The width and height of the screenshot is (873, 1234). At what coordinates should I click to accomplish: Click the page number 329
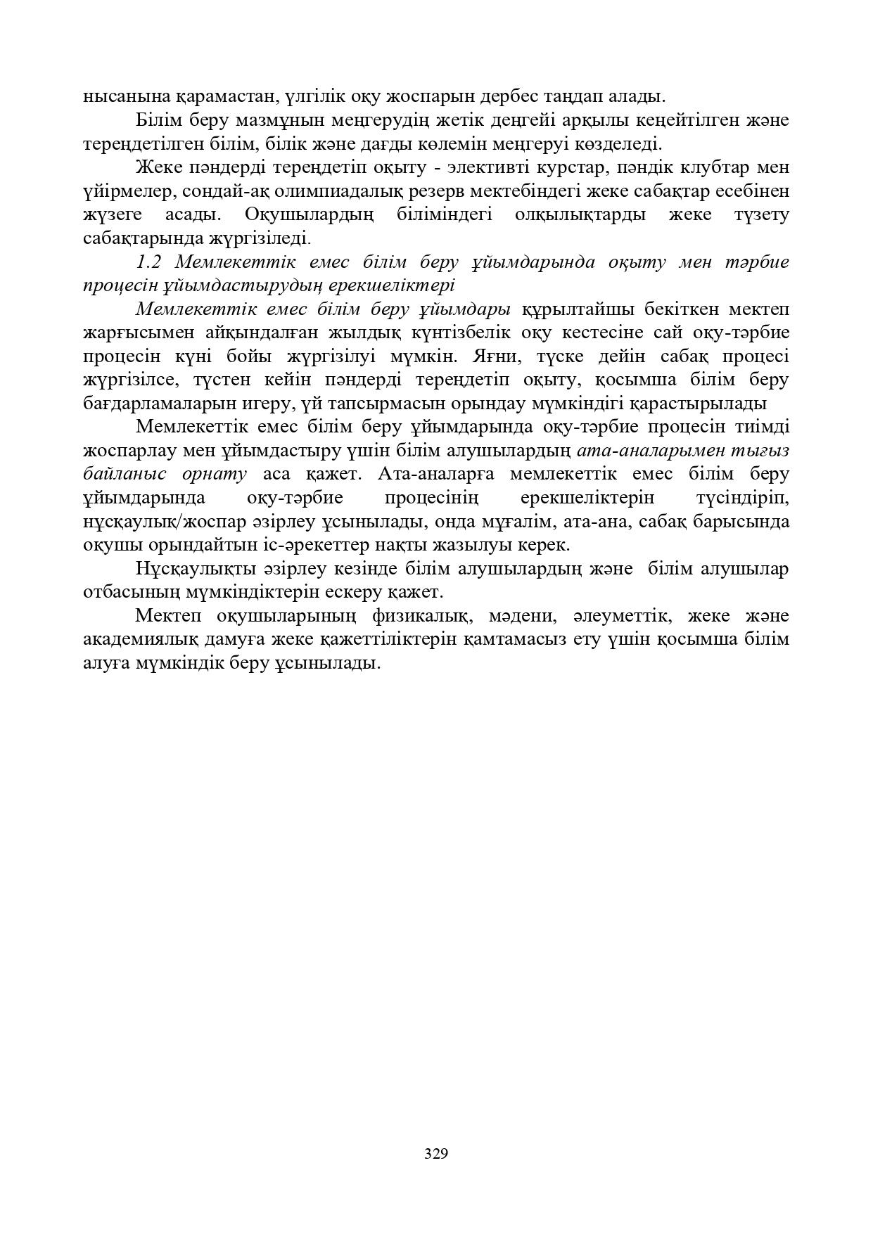coord(436,1153)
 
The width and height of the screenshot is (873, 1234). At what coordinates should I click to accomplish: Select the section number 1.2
coord(149,262)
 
